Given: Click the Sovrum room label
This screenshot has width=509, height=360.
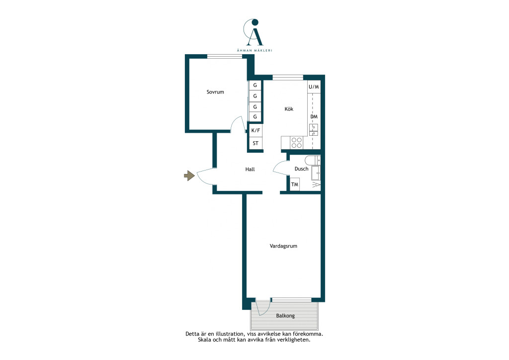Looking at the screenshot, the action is coord(215,92).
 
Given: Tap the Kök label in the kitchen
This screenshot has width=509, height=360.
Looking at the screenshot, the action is coord(289,109).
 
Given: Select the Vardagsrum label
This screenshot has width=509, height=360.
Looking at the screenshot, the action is coord(283,247).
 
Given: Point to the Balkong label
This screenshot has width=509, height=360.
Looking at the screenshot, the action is coord(285,316).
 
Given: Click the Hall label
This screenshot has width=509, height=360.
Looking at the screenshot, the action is coord(250,169).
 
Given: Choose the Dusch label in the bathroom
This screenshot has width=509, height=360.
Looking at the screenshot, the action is coord(301,169).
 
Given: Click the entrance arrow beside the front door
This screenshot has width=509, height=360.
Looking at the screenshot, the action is coord(189,176).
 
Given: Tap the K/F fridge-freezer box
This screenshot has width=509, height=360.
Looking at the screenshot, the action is coord(255,130).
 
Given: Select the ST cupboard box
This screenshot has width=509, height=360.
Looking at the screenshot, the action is coord(255,143).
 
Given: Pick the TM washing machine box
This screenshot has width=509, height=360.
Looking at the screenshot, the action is coord(294,184).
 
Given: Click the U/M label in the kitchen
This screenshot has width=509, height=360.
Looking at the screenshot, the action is coord(314,87).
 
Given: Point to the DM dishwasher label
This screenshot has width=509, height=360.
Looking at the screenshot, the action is coord(314,116).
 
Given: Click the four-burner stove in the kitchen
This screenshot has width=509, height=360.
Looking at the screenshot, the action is coord(297,143).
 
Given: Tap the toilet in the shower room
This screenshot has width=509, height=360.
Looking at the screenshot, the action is coord(312,161).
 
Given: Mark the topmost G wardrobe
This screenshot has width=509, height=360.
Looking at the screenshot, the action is coord(255,86).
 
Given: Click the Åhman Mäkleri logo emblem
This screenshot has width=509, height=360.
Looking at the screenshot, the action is coord(254,32).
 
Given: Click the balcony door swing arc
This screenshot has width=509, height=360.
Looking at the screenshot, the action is coord(264,310).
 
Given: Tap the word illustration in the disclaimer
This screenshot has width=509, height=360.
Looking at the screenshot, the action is coord(227,334).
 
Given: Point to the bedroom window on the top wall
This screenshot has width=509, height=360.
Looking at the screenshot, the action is coord(225,57).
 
